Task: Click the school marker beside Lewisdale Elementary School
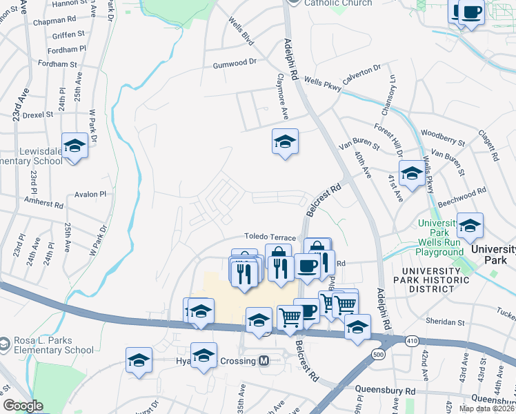75,146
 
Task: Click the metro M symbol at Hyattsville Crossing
263,361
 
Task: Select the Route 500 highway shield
359,355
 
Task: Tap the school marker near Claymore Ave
285,142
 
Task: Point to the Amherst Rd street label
43,205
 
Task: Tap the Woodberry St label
444,137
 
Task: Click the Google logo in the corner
23,406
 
